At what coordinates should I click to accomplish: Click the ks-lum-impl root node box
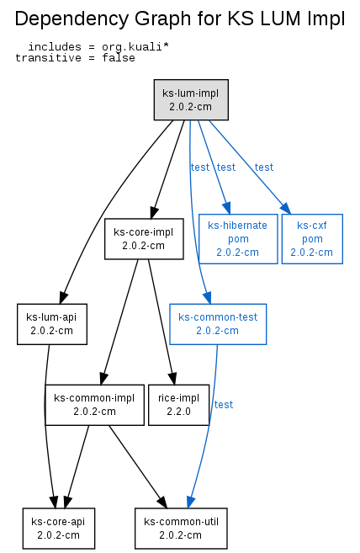coord(191,100)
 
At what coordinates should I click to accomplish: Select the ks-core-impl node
coord(144,239)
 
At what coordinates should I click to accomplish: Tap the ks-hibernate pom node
coord(238,239)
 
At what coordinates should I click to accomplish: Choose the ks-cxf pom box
coord(312,239)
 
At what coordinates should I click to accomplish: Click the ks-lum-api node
coord(52,324)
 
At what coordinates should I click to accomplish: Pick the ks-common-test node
coord(218,324)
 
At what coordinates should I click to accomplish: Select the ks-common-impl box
coord(94,405)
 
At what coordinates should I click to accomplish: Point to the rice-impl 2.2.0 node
coord(179,405)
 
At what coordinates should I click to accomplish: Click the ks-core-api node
coord(59,529)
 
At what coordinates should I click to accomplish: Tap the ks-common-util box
coord(181,529)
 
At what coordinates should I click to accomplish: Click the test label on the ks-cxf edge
coord(264,167)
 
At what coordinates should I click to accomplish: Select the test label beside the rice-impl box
coord(224,405)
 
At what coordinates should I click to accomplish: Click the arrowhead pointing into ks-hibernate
coord(227,208)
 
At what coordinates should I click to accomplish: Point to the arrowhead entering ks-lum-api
coord(63,298)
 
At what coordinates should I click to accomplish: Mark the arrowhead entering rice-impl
coord(172,379)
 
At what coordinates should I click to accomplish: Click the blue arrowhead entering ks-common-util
coord(191,502)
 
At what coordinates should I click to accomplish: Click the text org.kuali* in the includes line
coord(135,47)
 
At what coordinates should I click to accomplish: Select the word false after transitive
coord(119,58)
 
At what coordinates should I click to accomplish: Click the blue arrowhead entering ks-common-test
coord(208,298)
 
